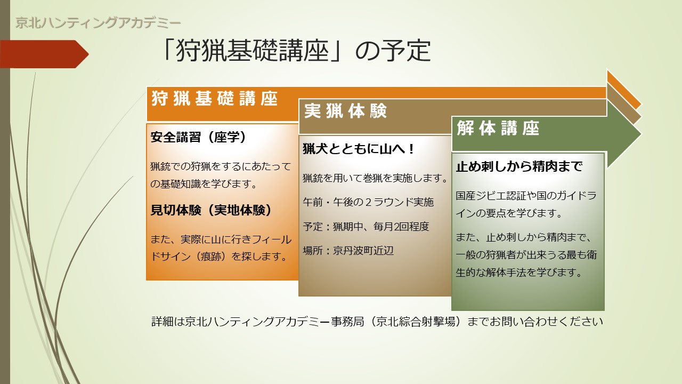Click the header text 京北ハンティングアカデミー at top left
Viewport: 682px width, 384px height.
tap(98, 23)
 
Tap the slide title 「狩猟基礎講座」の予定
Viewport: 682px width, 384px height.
tap(296, 51)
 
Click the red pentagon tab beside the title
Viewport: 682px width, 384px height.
tap(44, 54)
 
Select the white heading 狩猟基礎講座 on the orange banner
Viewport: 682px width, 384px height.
tap(215, 99)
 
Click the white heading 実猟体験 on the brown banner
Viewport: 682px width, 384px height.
tap(346, 110)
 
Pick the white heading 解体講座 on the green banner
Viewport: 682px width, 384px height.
tap(498, 128)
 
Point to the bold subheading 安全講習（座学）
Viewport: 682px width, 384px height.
tap(198, 137)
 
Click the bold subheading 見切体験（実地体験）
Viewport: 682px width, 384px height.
tap(211, 210)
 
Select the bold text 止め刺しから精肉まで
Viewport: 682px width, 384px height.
tap(519, 166)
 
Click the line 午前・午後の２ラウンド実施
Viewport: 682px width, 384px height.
tap(368, 202)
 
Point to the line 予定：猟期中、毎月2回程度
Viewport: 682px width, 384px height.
tap(366, 227)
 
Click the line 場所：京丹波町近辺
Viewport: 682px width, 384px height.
tap(348, 251)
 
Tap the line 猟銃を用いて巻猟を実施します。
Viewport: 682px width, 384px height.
tap(376, 178)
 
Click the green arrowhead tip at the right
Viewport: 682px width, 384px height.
tap(640, 134)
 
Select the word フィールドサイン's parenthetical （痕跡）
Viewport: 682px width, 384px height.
tap(210, 257)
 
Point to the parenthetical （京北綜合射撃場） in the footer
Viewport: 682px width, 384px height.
tap(416, 322)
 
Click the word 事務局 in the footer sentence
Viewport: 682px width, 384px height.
tap(347, 322)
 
